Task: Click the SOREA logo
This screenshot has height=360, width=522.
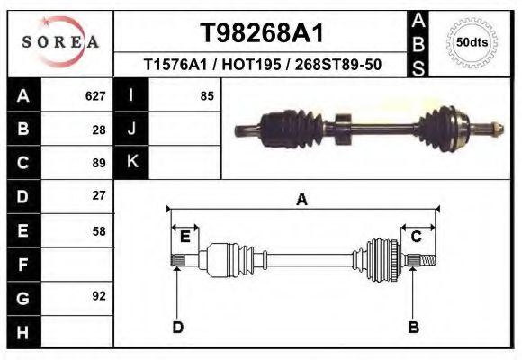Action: (60, 43)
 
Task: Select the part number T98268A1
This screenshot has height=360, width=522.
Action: (260, 33)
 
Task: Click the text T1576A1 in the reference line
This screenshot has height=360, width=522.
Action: (170, 66)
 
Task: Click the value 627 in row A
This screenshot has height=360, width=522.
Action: (95, 95)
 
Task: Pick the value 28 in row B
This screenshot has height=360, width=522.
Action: (99, 130)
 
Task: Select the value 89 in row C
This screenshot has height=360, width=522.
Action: (99, 163)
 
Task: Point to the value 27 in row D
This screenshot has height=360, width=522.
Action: (99, 195)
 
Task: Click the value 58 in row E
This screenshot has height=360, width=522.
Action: (99, 231)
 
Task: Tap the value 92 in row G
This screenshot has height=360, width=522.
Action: (99, 296)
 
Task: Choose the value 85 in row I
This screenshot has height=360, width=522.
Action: (207, 95)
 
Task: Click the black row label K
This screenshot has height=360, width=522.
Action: (131, 163)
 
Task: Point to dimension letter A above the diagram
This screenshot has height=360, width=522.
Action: (301, 200)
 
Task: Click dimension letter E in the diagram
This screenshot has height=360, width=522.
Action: (184, 237)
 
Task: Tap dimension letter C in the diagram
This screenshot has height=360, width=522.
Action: (417, 237)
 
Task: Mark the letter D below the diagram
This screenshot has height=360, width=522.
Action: (177, 327)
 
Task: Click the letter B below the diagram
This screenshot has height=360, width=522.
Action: (413, 327)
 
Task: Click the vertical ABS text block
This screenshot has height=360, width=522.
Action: (418, 43)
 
